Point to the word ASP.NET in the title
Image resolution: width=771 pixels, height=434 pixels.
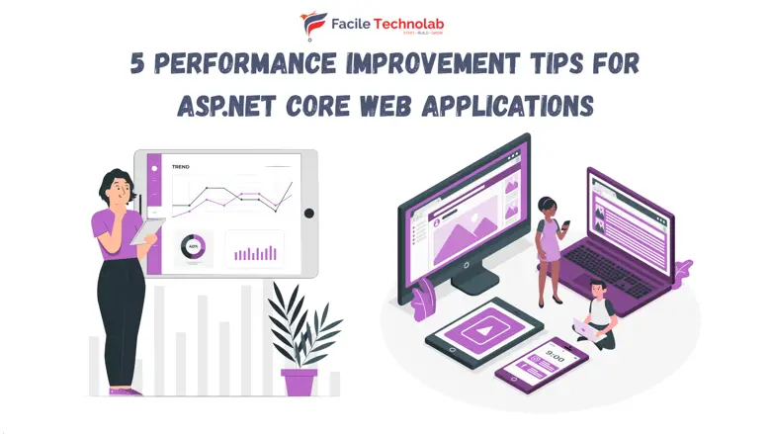[219, 103]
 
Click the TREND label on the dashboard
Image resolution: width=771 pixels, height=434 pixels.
[181, 167]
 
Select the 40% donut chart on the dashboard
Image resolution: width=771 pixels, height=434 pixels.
[192, 247]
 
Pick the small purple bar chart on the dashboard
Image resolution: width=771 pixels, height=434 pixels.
[254, 252]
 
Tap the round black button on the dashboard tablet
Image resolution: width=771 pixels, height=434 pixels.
[308, 213]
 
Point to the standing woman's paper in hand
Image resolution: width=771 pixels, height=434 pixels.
[149, 228]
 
